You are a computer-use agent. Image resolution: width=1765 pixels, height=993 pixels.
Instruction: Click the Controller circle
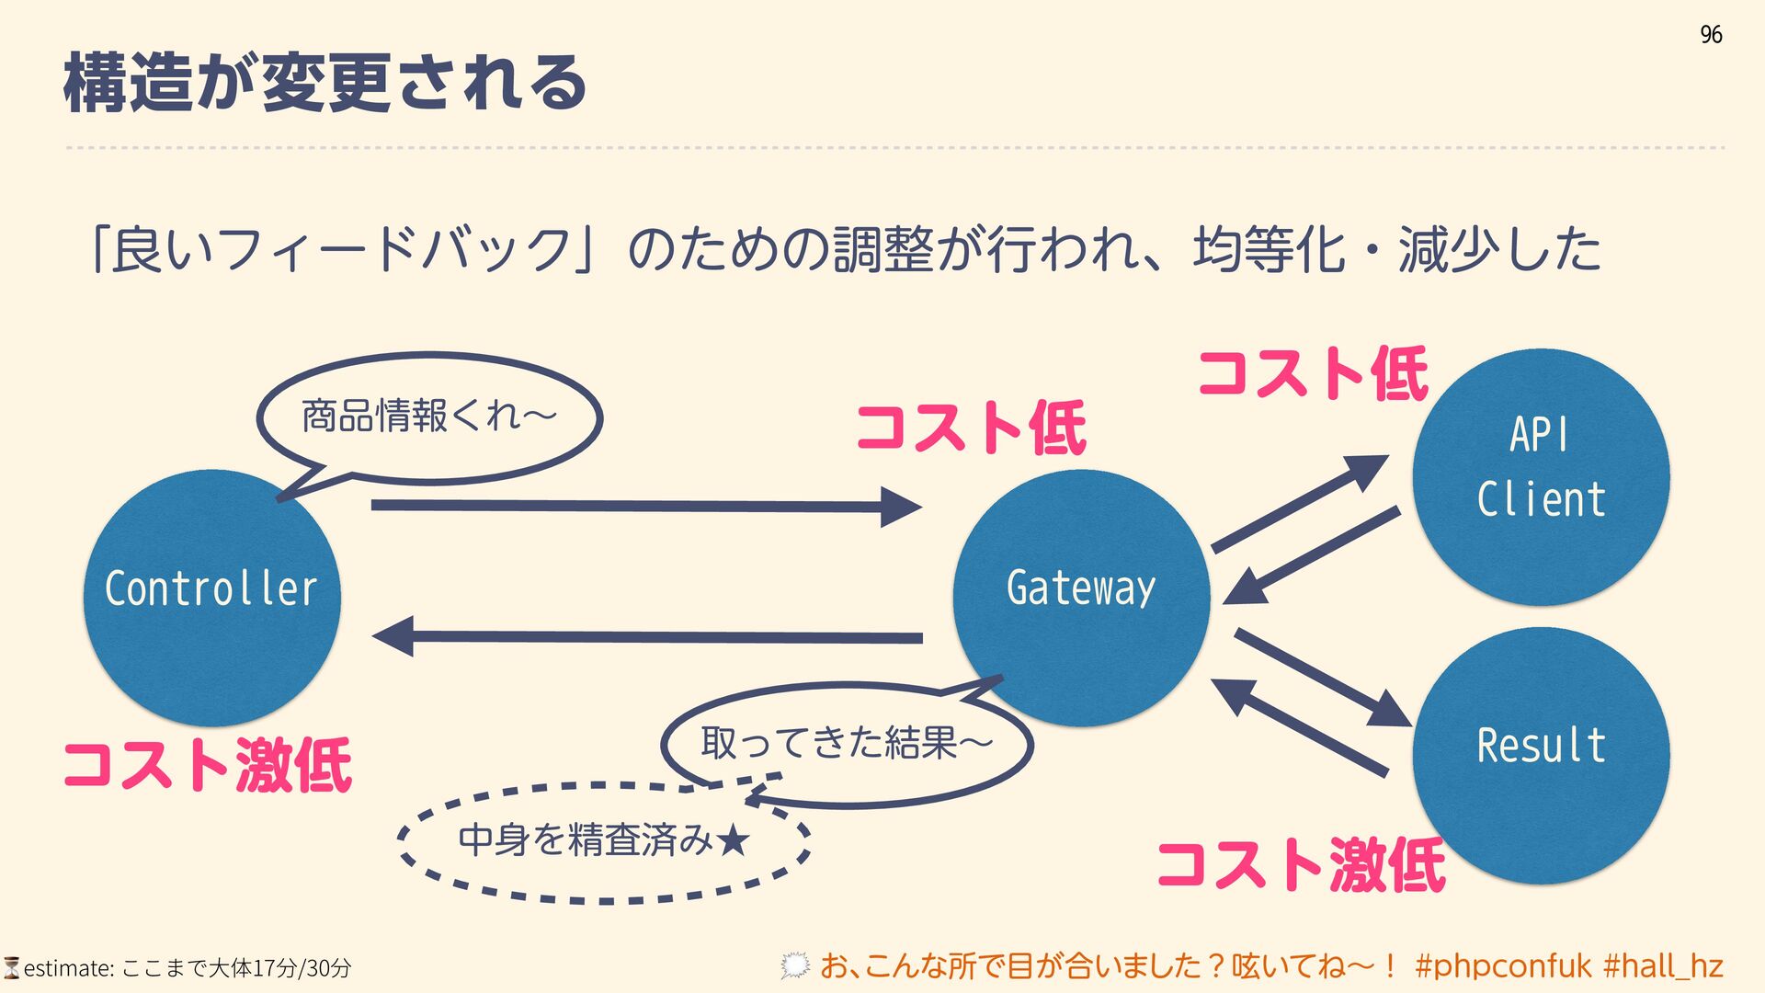pyautogui.click(x=211, y=598)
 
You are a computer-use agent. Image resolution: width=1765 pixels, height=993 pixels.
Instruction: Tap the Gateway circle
pyautogui.click(x=1081, y=598)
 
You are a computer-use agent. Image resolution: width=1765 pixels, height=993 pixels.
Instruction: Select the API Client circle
pyautogui.click(x=1541, y=476)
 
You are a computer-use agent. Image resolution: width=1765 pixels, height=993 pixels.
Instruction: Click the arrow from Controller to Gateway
pyautogui.click(x=643, y=506)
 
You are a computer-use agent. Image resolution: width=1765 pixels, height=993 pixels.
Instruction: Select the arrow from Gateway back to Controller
pyautogui.click(x=643, y=636)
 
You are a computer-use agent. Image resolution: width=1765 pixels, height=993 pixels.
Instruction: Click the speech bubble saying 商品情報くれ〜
pyautogui.click(x=429, y=417)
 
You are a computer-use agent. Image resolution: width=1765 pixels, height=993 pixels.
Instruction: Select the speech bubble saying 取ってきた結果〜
pyautogui.click(x=846, y=743)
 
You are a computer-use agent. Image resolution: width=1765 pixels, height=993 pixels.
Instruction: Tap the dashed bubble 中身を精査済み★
pyautogui.click(x=604, y=840)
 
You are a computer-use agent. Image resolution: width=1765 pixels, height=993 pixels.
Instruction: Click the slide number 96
pyautogui.click(x=1711, y=35)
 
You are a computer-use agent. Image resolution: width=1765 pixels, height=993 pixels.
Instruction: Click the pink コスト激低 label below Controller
pyautogui.click(x=208, y=765)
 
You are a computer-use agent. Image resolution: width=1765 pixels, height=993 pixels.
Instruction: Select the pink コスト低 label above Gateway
pyautogui.click(x=971, y=428)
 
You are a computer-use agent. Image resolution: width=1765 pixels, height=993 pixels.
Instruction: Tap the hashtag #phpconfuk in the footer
pyautogui.click(x=1503, y=966)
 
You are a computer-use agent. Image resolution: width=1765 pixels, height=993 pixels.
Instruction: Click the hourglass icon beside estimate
pyautogui.click(x=11, y=967)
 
